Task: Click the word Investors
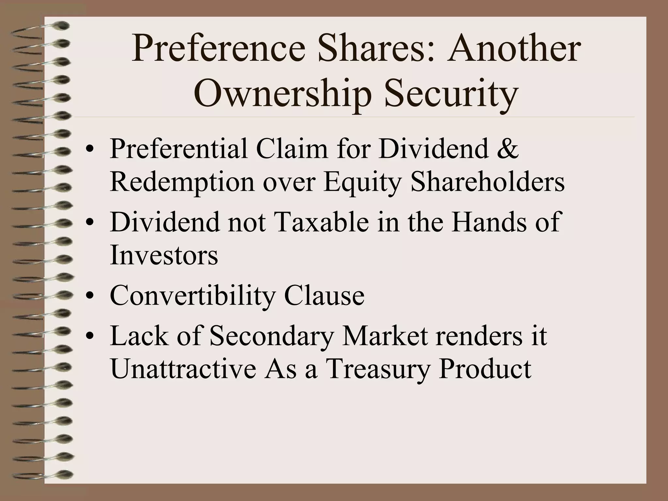coord(164,255)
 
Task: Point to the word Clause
coord(324,296)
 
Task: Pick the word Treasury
coord(377,370)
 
